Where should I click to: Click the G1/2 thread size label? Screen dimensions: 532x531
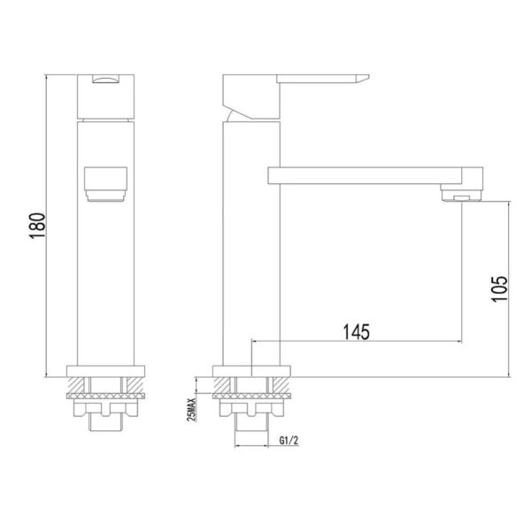(x=288, y=440)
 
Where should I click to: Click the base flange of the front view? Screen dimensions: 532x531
(x=104, y=372)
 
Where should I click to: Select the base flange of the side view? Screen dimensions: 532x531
(x=250, y=372)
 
